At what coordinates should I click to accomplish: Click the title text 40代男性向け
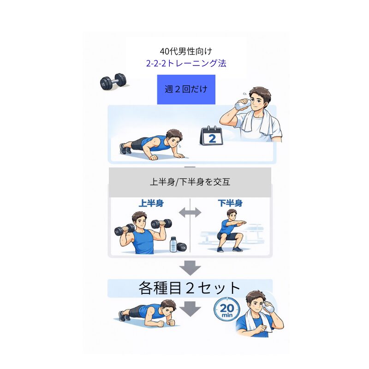point(186,51)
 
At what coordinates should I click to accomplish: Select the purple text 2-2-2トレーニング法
point(186,63)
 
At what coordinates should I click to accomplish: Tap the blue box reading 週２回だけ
point(186,89)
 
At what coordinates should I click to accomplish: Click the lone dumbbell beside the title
point(113,82)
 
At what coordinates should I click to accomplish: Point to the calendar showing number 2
point(212,136)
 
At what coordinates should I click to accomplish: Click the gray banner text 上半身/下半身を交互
point(190,182)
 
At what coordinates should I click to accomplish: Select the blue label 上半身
point(151,203)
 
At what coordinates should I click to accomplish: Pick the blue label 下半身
point(230,203)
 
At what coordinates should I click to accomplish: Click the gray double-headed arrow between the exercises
point(190,213)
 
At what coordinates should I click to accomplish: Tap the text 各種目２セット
point(190,288)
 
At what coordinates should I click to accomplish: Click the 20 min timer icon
point(227,309)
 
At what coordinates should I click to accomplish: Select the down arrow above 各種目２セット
point(190,268)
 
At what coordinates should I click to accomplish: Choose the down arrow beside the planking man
point(190,309)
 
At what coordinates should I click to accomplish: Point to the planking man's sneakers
point(124,316)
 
